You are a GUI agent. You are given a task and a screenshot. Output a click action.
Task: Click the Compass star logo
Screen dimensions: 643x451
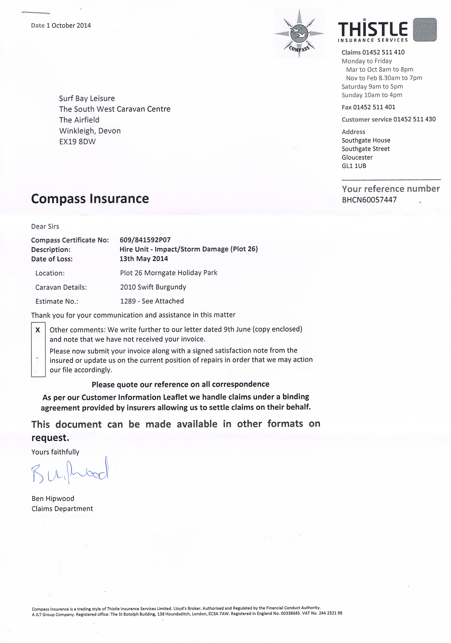(299, 34)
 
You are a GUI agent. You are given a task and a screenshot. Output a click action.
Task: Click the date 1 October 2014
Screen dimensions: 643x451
(69, 25)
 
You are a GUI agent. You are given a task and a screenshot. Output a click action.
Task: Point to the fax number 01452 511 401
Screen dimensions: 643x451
(374, 107)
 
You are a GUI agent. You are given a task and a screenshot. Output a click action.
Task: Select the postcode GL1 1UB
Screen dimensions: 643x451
(354, 166)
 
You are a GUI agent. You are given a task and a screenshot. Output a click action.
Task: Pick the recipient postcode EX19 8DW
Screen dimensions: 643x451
(77, 141)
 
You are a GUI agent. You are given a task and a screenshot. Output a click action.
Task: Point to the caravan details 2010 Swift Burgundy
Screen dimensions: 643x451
(153, 287)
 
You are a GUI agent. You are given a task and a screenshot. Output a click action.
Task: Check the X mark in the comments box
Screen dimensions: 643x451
(38, 330)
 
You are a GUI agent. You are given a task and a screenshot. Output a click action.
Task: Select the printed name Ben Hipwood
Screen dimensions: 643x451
(53, 499)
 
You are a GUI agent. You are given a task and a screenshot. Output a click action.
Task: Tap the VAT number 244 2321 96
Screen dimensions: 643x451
(331, 613)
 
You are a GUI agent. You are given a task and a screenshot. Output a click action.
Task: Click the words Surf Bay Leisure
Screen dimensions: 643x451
(87, 98)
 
